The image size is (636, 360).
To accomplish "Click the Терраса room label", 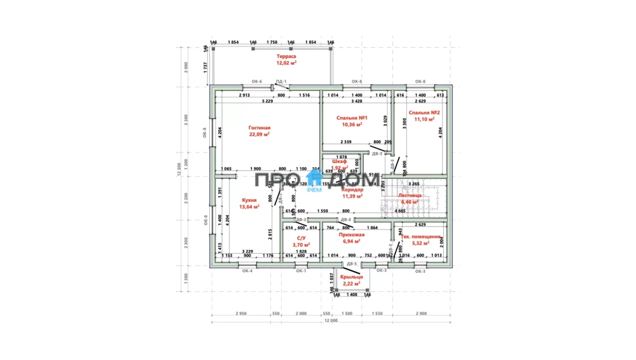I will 286,57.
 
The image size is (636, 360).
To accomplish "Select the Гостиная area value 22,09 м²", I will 259,134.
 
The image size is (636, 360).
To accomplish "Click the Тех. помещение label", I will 420,236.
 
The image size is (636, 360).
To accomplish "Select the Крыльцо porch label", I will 350,277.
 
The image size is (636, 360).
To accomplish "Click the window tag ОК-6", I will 257,81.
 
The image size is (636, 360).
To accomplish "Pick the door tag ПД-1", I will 280,81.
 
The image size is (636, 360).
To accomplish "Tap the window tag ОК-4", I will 247,271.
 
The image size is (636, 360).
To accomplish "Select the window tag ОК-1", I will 301,271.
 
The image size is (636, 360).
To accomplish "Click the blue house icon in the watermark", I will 315,179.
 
